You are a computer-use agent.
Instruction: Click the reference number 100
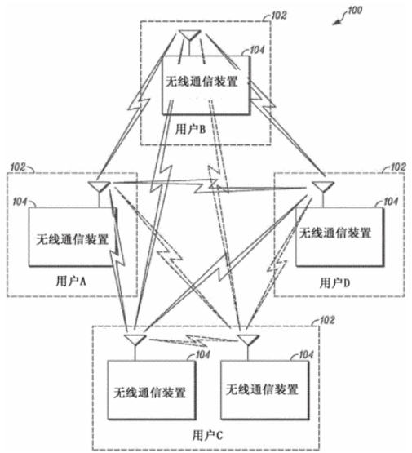[x=355, y=11]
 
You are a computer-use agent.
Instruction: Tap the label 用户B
[x=191, y=129]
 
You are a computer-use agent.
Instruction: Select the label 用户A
[x=71, y=281]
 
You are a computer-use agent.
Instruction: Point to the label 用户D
[x=334, y=283]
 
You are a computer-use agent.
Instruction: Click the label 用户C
[x=208, y=435]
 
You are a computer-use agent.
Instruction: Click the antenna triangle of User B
[x=189, y=35]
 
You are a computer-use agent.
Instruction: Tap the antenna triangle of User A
[x=99, y=187]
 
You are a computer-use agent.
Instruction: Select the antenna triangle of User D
[x=323, y=186]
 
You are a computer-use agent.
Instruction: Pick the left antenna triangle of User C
[x=135, y=340]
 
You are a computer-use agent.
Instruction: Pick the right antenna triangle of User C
[x=248, y=340]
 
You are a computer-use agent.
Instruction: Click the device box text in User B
[x=202, y=82]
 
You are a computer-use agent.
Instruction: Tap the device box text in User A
[x=73, y=239]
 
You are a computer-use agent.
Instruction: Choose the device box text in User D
[x=335, y=233]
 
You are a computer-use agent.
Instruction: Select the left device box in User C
[x=151, y=389]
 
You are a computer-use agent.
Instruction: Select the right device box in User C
[x=264, y=389]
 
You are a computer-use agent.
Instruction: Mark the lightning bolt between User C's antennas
[x=193, y=340]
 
